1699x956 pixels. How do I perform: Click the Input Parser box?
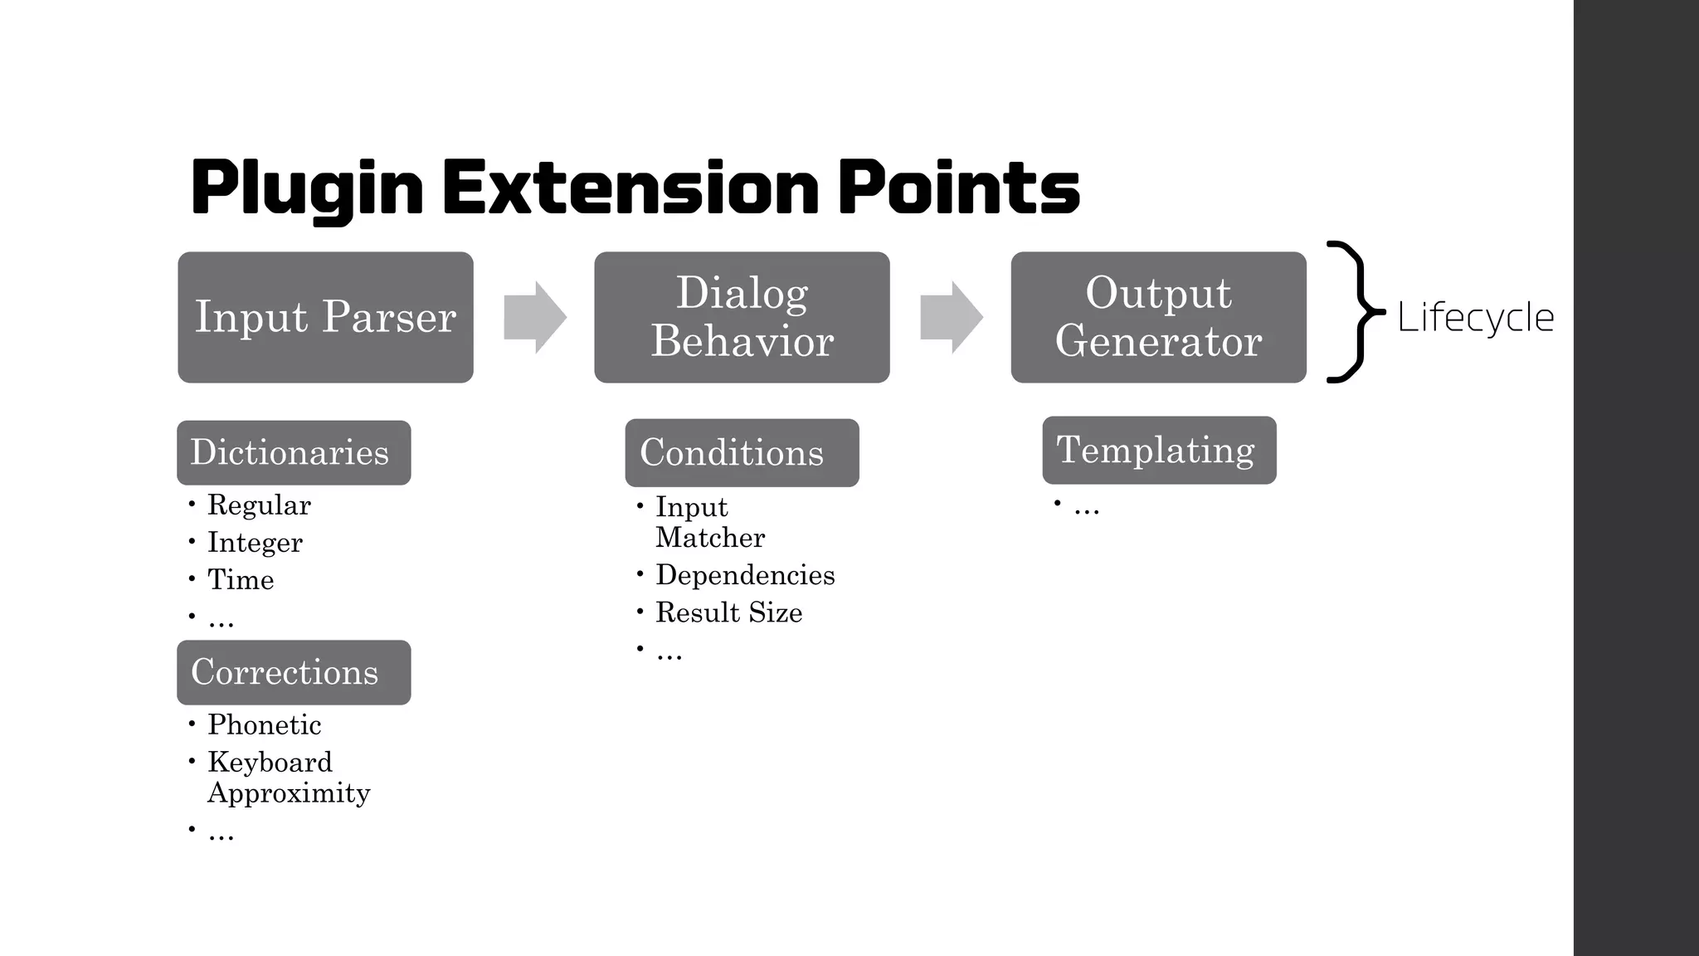325,317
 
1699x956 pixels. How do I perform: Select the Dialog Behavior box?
742,317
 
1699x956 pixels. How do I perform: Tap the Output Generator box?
1158,317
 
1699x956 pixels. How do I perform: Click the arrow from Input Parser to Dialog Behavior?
535,318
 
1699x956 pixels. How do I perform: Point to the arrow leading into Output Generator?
952,318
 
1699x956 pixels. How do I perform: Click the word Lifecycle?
1475,317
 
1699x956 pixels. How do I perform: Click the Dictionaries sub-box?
294,452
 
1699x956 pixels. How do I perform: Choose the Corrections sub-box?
294,672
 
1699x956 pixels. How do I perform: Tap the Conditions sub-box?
742,452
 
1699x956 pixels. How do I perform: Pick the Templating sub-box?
1159,450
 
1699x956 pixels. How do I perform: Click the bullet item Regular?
259,505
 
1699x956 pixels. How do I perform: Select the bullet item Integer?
255,542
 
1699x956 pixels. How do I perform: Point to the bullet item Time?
241,579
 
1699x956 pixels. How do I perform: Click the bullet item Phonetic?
264,724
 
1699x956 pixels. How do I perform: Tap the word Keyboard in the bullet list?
270,762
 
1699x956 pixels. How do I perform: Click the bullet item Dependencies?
745,575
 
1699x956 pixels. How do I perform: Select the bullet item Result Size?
728,612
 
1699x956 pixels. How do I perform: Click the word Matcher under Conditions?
710,538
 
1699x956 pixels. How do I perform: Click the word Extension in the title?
630,188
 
